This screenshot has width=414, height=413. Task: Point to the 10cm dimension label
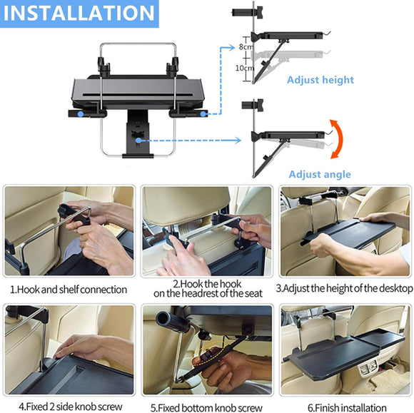pos(245,67)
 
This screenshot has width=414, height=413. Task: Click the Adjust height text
pos(320,80)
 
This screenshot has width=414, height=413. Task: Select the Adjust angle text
pos(320,174)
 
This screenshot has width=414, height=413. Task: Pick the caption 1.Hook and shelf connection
pos(68,289)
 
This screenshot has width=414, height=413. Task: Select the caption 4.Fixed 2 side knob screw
pos(68,407)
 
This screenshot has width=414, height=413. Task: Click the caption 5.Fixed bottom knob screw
pos(206,407)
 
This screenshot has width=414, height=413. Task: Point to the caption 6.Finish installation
pos(346,407)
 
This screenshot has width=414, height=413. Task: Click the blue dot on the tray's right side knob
pos(202,113)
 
